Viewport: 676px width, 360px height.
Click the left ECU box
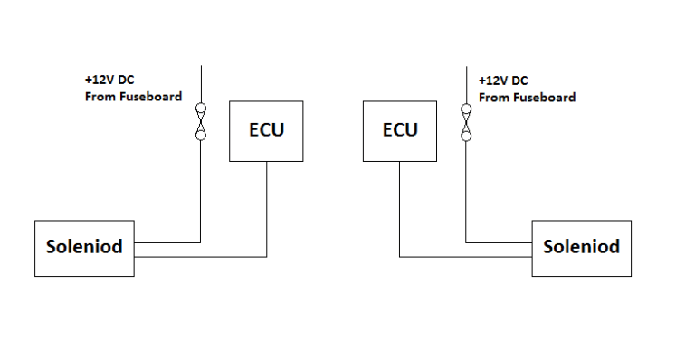coord(266,131)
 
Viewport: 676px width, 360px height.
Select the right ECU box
coord(400,131)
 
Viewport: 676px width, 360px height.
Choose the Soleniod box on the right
coord(581,247)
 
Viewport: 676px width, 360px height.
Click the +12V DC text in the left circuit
coord(109,80)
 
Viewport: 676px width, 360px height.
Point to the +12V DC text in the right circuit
coord(503,80)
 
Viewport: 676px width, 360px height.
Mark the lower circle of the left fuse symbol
coord(201,136)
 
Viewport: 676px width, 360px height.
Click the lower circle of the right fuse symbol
coord(466,136)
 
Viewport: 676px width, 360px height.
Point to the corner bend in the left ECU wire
coord(266,256)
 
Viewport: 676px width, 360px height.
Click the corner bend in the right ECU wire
coord(400,256)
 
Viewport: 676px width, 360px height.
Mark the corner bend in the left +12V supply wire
coord(201,242)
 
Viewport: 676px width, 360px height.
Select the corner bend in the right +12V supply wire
coord(466,242)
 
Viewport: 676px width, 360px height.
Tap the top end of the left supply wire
coord(201,66)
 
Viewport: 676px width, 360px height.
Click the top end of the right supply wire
coord(466,66)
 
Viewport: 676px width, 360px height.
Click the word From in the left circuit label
coord(100,97)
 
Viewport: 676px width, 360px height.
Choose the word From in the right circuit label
coord(494,97)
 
